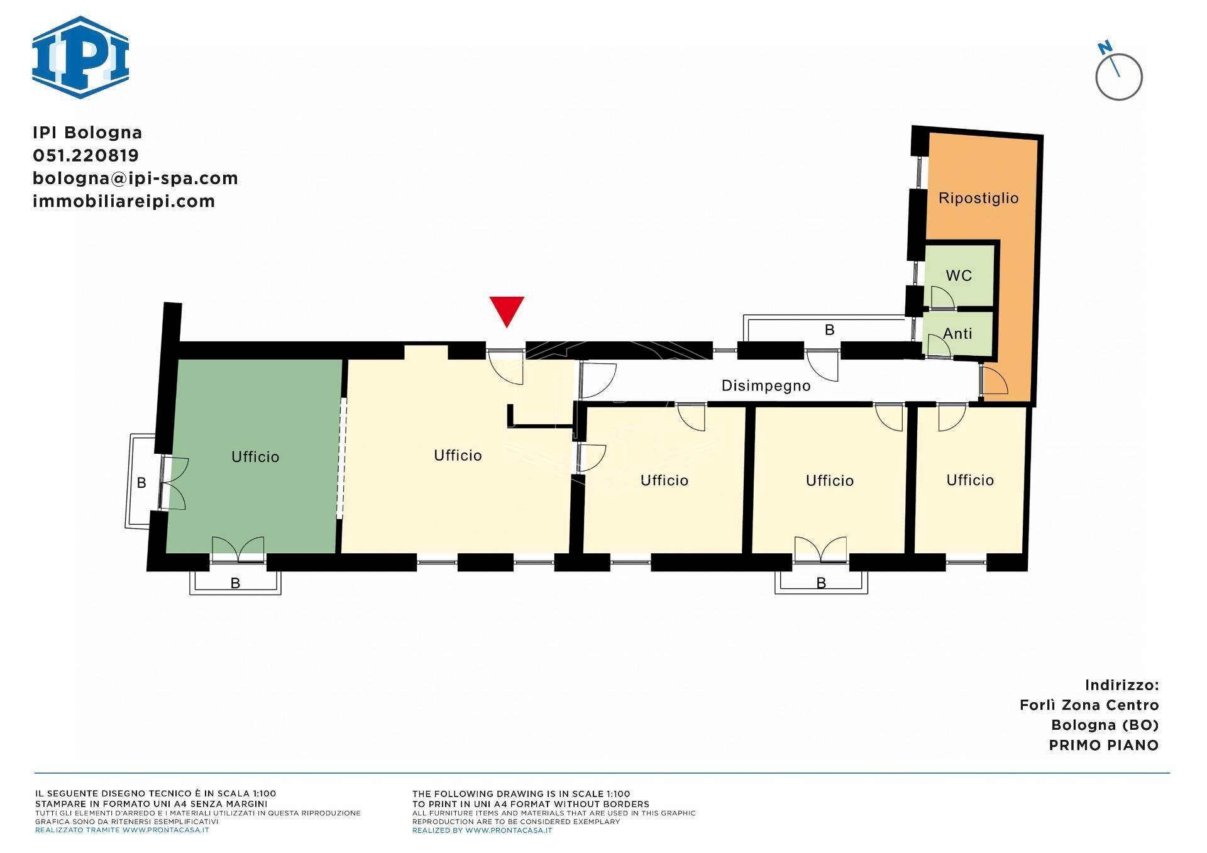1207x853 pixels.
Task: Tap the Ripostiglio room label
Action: tap(978, 199)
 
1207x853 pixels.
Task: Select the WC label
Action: tap(959, 275)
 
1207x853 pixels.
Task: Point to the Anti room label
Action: tap(957, 334)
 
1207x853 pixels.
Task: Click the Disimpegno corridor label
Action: tap(766, 386)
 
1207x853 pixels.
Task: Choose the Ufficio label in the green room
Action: tap(255, 457)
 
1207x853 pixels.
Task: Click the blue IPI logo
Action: tap(80, 57)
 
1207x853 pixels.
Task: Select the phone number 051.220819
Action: tap(85, 155)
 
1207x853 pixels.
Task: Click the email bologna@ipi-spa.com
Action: tap(135, 179)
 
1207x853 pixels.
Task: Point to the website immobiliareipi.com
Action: tap(124, 201)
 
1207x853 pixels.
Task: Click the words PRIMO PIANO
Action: tap(1104, 746)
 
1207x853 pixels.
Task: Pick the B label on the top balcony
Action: tap(829, 330)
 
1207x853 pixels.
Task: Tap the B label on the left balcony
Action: tap(142, 483)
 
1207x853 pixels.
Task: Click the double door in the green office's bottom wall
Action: tap(238, 548)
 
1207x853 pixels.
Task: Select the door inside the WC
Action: tap(942, 297)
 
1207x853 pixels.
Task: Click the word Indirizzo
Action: tap(1122, 685)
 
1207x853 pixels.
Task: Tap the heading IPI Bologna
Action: tap(87, 133)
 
